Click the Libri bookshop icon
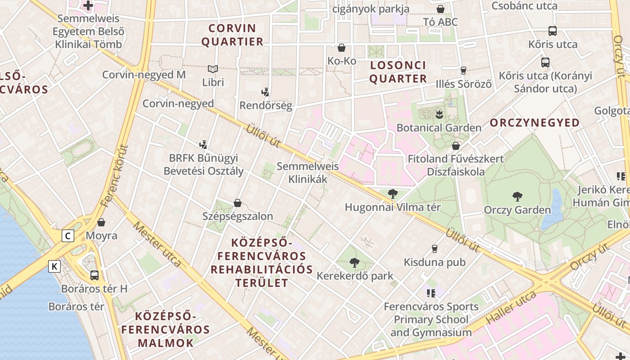coord(213,69)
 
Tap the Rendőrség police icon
coord(265,92)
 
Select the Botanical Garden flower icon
coord(439,114)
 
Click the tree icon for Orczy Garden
coord(517,196)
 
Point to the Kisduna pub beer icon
coord(435,248)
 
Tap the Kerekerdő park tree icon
coord(355,262)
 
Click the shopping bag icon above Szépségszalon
coord(238,203)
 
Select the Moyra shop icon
coord(101,222)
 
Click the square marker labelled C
coord(68,236)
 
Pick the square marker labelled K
coord(54,266)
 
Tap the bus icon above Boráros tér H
coord(94,275)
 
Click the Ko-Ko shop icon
coord(342,48)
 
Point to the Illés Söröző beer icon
coord(463,70)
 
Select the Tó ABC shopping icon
coord(441,9)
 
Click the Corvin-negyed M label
coord(144,75)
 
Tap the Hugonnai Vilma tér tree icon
coord(392,194)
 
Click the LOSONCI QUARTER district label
coord(398,72)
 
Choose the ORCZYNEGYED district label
coord(535,123)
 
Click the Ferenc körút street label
coord(115,175)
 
